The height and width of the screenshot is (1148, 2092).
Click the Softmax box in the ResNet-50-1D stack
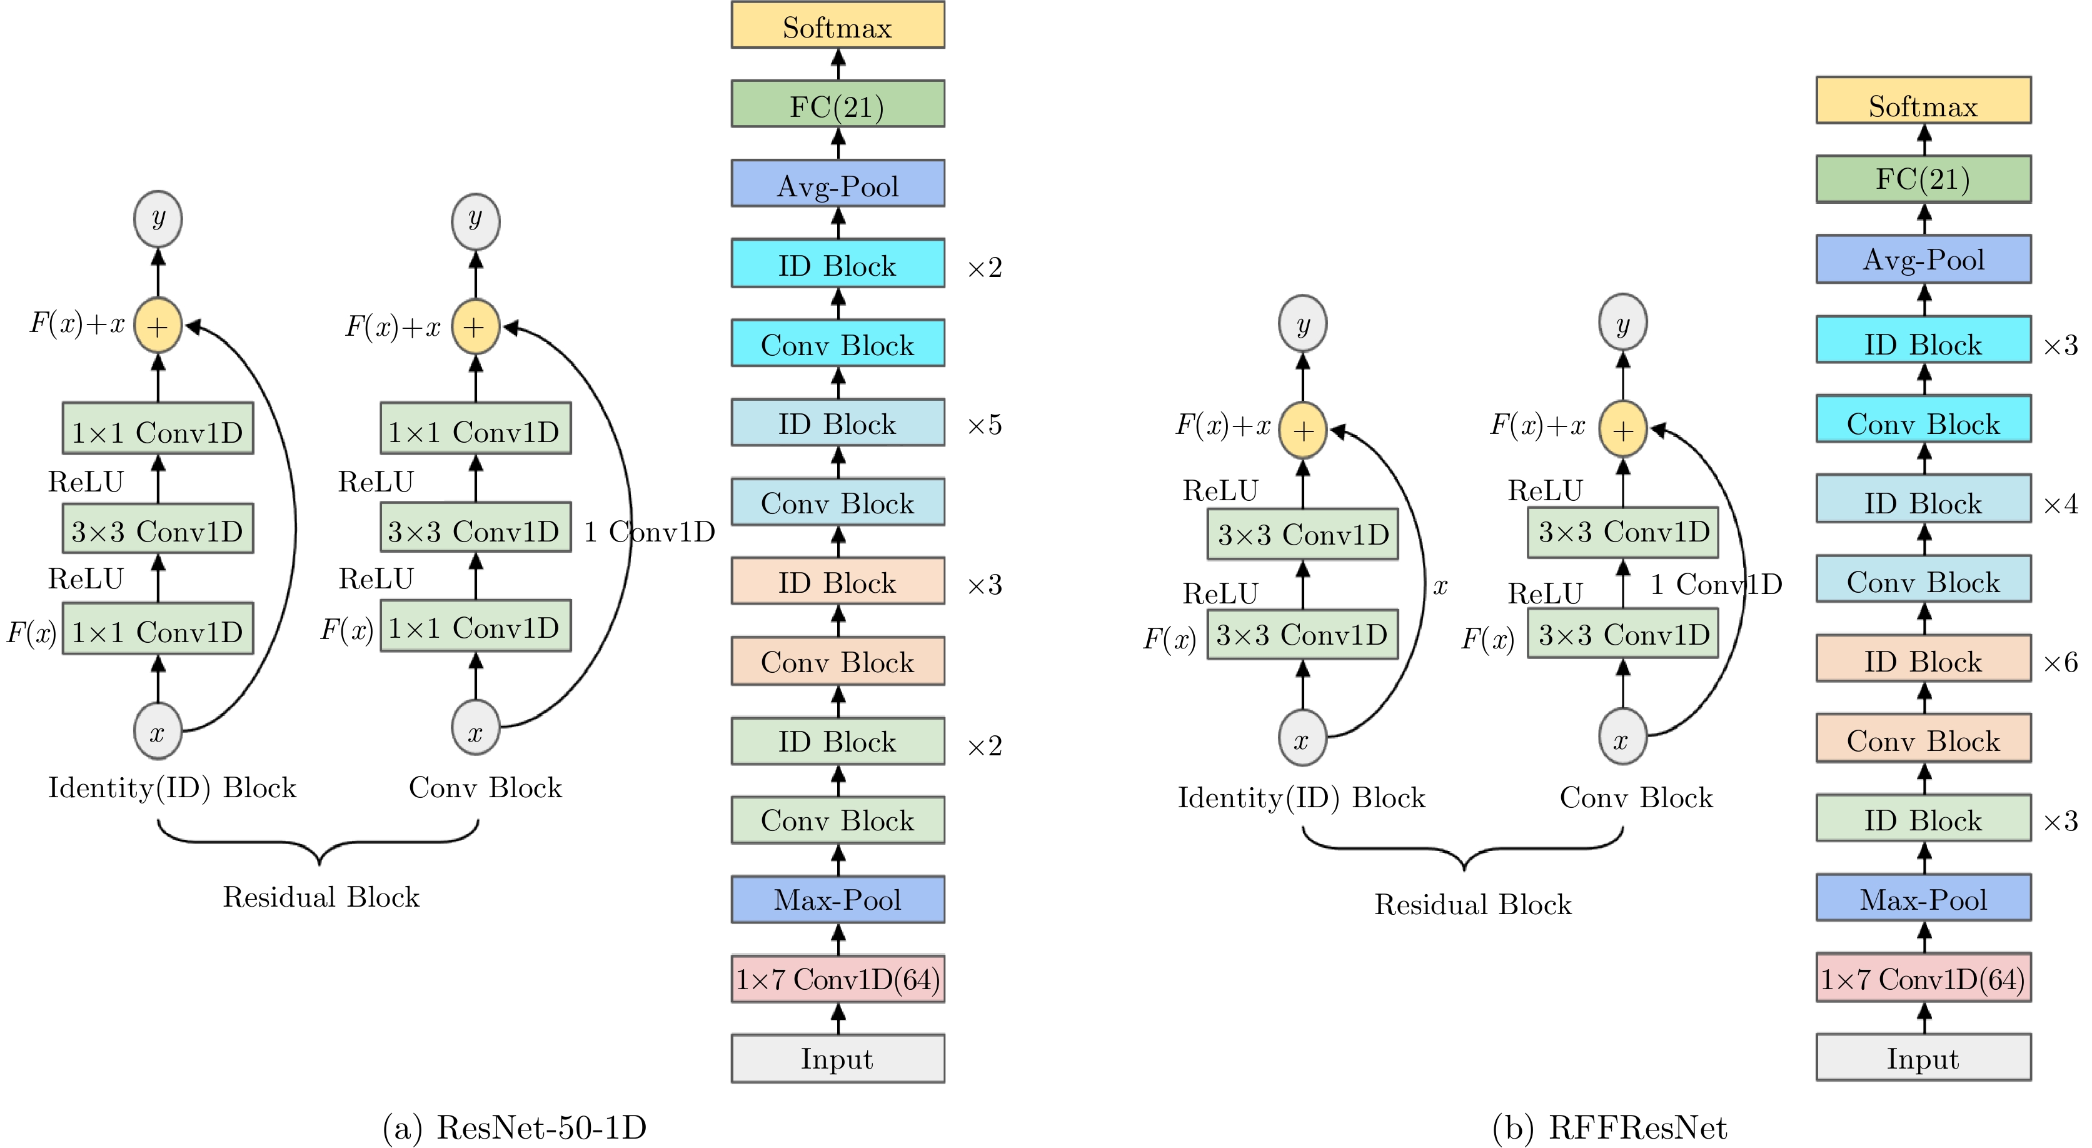pos(837,25)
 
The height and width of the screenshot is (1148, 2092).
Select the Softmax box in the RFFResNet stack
pos(1923,101)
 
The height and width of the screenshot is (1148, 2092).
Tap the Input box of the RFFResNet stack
pos(1923,1057)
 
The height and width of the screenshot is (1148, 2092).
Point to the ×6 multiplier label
pos(2060,662)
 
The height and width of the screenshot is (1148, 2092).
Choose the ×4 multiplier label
pos(2060,504)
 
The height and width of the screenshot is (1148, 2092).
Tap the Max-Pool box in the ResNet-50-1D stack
pos(837,899)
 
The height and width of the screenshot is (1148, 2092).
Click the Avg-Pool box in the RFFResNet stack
pos(1923,259)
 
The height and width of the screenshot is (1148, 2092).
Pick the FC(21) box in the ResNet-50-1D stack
pos(837,104)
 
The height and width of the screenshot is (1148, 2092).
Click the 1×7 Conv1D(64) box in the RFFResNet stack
pos(1923,978)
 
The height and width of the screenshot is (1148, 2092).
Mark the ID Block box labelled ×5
pos(837,423)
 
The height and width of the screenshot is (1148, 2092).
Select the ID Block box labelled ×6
pos(1923,660)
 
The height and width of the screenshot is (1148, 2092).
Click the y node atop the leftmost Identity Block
pos(158,219)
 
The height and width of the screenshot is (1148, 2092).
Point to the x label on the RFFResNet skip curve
pos(1440,586)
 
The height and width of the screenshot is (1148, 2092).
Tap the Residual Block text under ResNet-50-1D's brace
pos(321,897)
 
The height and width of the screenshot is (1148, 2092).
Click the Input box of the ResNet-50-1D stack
pos(837,1059)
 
